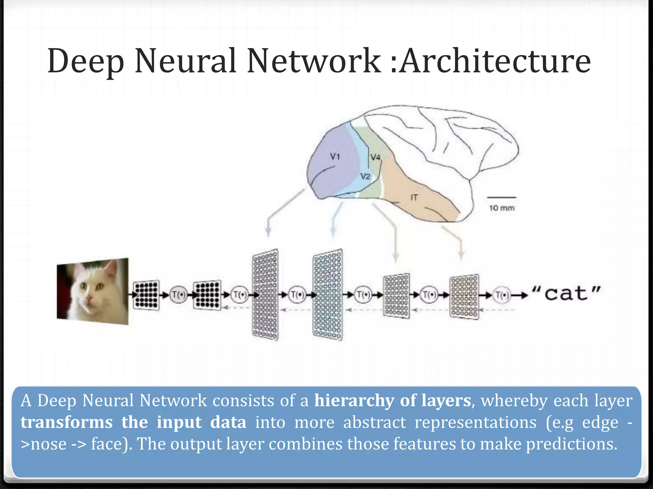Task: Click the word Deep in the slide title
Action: [x=85, y=61]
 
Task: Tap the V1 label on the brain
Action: [x=335, y=156]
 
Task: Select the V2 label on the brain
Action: [x=365, y=176]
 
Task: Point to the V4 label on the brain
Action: [x=376, y=157]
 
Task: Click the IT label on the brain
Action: [x=414, y=198]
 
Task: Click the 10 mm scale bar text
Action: [x=502, y=208]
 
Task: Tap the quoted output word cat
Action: [x=566, y=293]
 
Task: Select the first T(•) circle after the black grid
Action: [x=178, y=295]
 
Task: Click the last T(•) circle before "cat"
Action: [x=502, y=295]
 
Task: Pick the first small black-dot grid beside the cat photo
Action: [x=146, y=295]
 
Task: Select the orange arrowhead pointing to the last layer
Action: [x=461, y=256]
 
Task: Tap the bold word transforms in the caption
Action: [x=67, y=422]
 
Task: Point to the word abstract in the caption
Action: [x=374, y=422]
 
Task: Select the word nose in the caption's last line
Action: [x=48, y=444]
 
